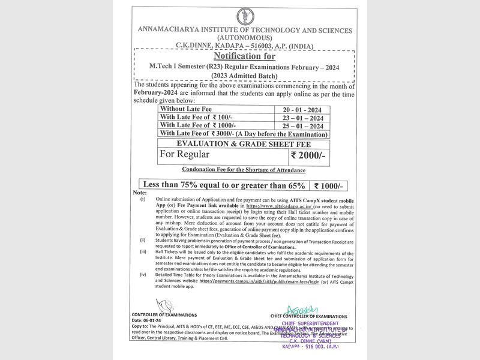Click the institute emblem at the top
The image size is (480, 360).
[245, 16]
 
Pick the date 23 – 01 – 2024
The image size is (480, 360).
[303, 118]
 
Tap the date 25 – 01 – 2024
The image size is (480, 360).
[303, 126]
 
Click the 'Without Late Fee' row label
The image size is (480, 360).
[186, 109]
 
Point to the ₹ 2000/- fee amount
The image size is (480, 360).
[308, 155]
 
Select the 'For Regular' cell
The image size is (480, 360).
[184, 155]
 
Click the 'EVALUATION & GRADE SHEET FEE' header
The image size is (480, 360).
[244, 143]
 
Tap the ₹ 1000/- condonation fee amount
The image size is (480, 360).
[328, 185]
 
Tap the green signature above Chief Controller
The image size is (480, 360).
[300, 310]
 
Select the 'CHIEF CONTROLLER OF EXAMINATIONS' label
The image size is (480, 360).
[308, 316]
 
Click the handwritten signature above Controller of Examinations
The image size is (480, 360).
[163, 305]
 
